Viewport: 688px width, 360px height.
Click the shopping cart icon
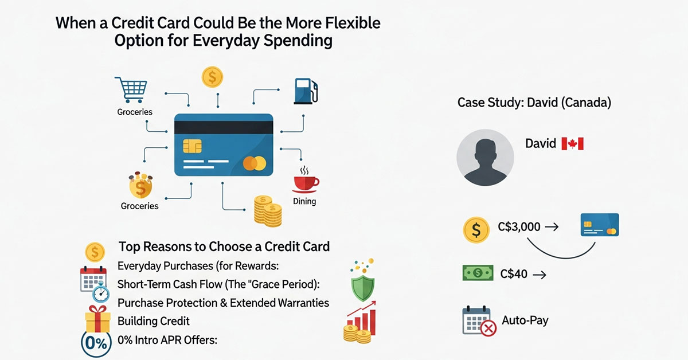[131, 90]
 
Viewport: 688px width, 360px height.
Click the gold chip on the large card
[192, 146]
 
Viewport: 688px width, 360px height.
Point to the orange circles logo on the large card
[255, 164]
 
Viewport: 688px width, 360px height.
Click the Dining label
[304, 201]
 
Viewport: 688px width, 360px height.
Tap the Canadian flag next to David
[572, 143]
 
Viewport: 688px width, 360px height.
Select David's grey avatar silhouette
[485, 157]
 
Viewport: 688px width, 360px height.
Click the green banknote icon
[478, 274]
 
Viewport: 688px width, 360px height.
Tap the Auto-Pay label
[525, 320]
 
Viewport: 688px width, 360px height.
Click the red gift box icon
[97, 318]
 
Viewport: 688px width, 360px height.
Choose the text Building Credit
[153, 320]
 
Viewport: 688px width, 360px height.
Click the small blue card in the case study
[599, 225]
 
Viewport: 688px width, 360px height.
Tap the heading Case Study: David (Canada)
[534, 103]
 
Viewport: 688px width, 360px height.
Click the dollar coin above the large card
[212, 76]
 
